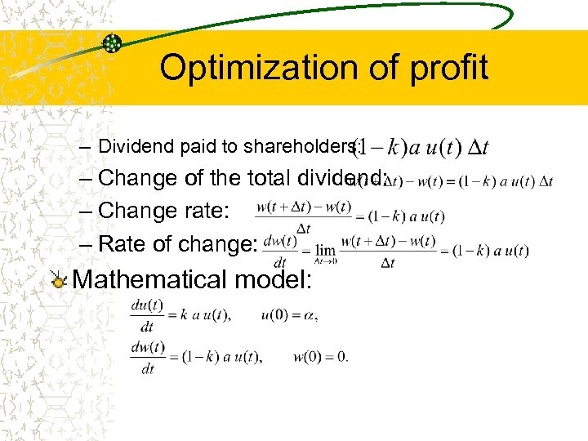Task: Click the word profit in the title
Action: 450,68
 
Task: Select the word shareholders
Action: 290,147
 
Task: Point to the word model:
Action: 274,279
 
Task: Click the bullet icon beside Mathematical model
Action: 58,280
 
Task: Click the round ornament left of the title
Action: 112,43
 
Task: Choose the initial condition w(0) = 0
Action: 320,356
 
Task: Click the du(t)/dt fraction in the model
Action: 147,315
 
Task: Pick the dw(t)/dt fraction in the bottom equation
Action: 148,357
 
